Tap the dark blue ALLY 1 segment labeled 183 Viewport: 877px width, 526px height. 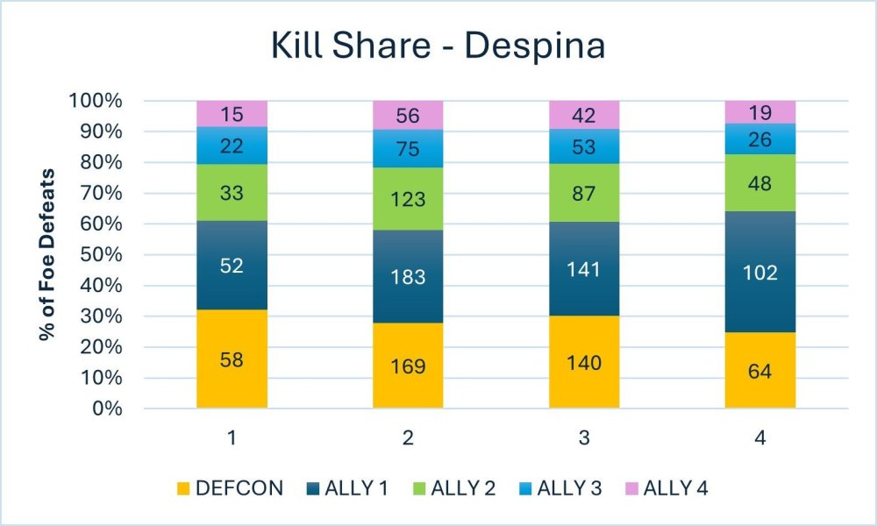pos(408,276)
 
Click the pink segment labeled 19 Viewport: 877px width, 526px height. pos(759,111)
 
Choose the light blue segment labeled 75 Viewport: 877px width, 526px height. pos(408,148)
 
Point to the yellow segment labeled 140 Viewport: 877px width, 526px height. pos(584,361)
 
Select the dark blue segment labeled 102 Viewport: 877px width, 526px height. pos(759,272)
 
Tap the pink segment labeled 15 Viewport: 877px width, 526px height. pos(232,113)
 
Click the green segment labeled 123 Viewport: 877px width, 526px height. pos(408,198)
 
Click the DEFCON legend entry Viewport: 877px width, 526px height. pos(229,488)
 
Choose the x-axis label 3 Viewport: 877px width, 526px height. pos(584,437)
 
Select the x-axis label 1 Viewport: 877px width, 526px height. pos(232,437)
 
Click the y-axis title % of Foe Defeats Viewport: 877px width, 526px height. pos(50,254)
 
